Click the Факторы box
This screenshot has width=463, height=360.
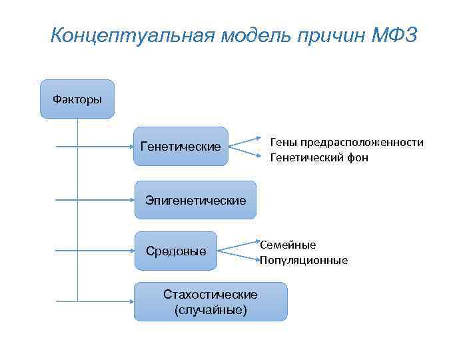77,99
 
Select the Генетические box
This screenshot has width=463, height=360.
181,146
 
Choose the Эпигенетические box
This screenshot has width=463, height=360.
195,200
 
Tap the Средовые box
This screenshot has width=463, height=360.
176,251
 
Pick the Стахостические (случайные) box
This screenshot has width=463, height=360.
211,301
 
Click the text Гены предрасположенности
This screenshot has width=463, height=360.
346,143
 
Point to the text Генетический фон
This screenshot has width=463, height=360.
318,158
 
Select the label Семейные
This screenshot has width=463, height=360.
288,245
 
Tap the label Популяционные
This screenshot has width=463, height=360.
304,260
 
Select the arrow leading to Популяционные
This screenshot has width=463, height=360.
240,256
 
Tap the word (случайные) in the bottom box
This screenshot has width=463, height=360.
211,309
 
